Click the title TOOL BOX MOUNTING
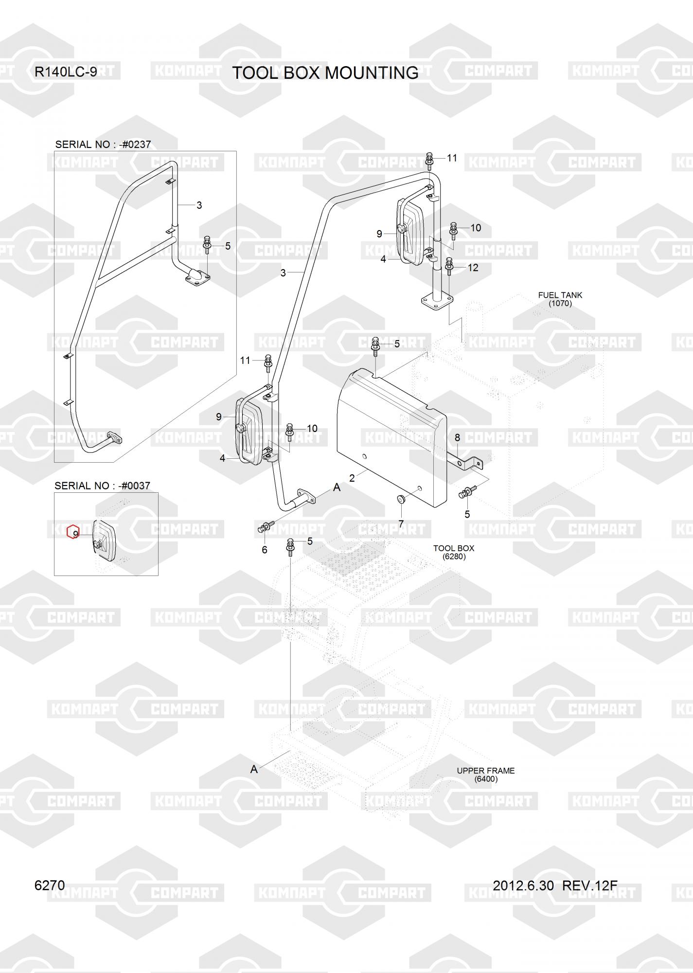[325, 72]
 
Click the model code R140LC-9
[66, 72]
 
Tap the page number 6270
[50, 885]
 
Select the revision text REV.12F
[589, 885]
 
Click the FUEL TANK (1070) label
[560, 299]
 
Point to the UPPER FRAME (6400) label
[485, 775]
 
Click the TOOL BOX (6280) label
[454, 552]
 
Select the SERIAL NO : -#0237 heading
[103, 144]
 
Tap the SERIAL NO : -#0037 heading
[102, 486]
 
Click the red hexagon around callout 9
[73, 532]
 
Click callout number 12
[473, 268]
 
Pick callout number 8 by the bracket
[457, 438]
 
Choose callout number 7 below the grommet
[401, 523]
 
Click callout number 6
[265, 550]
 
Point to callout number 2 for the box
[352, 478]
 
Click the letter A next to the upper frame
[254, 769]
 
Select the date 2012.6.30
[523, 885]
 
